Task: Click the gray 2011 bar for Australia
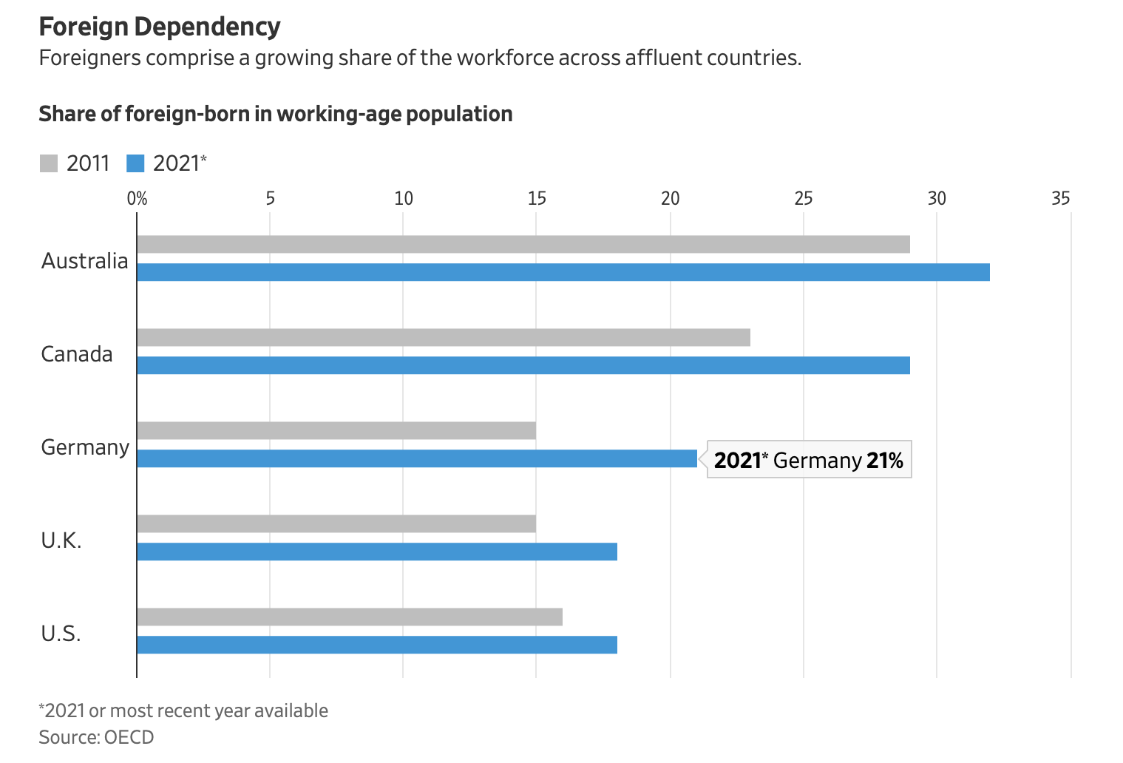pyautogui.click(x=523, y=245)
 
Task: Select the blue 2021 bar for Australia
pyautogui.click(x=563, y=272)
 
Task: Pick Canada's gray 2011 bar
pyautogui.click(x=443, y=338)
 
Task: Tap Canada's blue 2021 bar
pyautogui.click(x=523, y=365)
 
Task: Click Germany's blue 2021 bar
pyautogui.click(x=416, y=458)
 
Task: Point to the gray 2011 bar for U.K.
pyautogui.click(x=336, y=524)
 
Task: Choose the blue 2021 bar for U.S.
pyautogui.click(x=376, y=645)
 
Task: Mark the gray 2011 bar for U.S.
pyautogui.click(x=349, y=617)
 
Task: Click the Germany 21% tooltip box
pyautogui.click(x=809, y=460)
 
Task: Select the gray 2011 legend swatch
pyautogui.click(x=49, y=163)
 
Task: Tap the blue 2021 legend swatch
pyautogui.click(x=135, y=163)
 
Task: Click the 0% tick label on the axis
pyautogui.click(x=138, y=199)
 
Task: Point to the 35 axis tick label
pyautogui.click(x=1061, y=199)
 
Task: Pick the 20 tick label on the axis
pyautogui.click(x=670, y=199)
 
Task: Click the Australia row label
pyautogui.click(x=84, y=261)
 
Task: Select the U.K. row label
pyautogui.click(x=61, y=540)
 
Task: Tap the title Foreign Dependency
pyautogui.click(x=160, y=27)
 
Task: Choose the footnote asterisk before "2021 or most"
pyautogui.click(x=41, y=708)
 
